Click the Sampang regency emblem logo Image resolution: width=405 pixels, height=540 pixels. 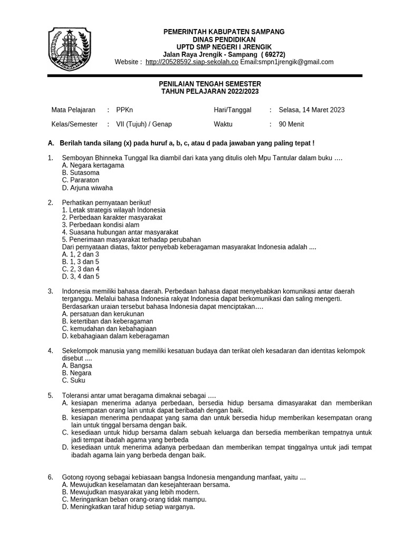pos(67,50)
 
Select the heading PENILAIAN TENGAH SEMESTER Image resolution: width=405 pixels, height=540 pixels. pos(210,84)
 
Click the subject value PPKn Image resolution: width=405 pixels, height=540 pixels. pos(125,110)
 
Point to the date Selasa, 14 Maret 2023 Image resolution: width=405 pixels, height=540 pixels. pos(312,110)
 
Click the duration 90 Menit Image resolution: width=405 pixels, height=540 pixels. pos(291,125)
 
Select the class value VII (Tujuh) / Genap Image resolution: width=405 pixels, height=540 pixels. pos(144,125)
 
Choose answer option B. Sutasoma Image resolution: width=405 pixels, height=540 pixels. pos(81,172)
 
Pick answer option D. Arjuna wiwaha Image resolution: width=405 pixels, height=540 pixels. pos(87,188)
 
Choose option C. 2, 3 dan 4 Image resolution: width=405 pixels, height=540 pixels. pos(81,269)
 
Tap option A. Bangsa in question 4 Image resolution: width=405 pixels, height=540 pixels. pos(77,365)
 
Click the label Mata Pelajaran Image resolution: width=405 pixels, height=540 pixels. pos(73,110)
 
